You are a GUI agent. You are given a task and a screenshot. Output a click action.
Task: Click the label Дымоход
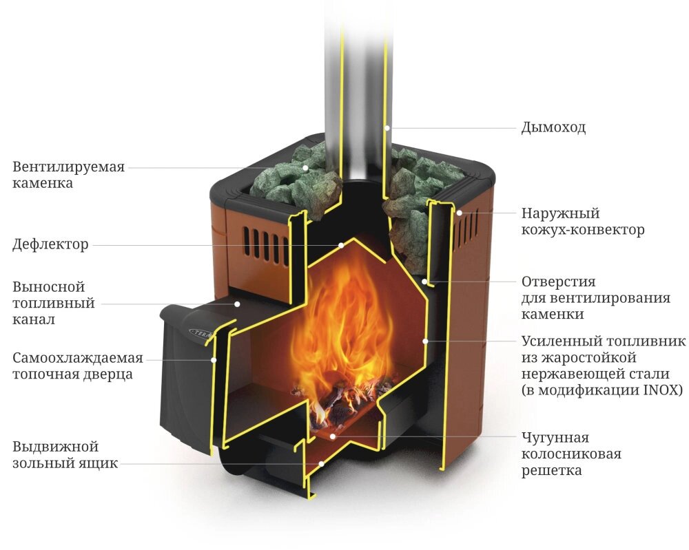553,128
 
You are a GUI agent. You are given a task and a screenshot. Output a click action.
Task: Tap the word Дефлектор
50,244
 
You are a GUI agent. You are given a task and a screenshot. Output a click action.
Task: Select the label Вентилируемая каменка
69,175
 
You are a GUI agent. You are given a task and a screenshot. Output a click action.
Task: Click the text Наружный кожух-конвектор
582,222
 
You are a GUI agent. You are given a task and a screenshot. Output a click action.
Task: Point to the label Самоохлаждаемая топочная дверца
77,366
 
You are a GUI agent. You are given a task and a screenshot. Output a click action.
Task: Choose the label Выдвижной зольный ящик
65,455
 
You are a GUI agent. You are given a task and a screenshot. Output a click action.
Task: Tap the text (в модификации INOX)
602,390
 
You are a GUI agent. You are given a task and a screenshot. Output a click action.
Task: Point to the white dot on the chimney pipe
388,127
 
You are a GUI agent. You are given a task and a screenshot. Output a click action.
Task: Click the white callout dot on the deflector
340,244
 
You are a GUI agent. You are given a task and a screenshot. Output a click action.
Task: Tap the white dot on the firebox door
214,359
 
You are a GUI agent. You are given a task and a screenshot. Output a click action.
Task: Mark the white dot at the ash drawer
321,463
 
